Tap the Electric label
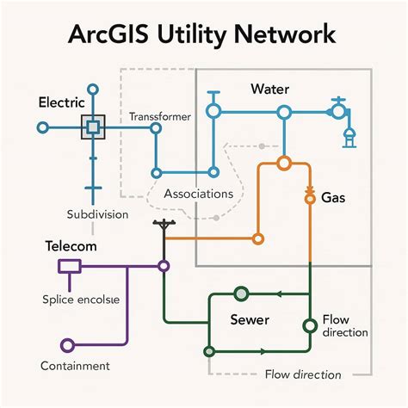61,102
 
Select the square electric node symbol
92,127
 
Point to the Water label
269,90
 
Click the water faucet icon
337,110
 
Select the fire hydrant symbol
349,139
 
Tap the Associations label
199,194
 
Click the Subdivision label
97,213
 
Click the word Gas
334,198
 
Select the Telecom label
71,246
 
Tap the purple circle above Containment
66,346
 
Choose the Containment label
75,366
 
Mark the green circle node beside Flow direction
309,326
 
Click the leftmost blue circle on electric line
41,127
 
